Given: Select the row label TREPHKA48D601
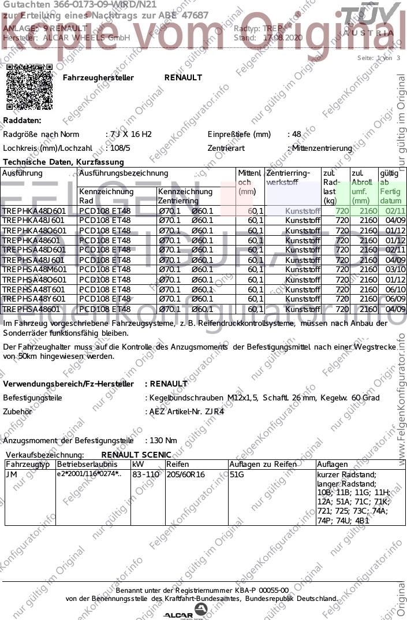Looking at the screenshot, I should coord(34,211).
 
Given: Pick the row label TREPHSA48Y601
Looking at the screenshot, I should coord(34,299).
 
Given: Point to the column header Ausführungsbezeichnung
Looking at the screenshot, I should coord(123,173).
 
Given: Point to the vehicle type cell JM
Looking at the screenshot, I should coord(12,474).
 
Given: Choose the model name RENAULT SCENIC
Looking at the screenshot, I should coord(136,455).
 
